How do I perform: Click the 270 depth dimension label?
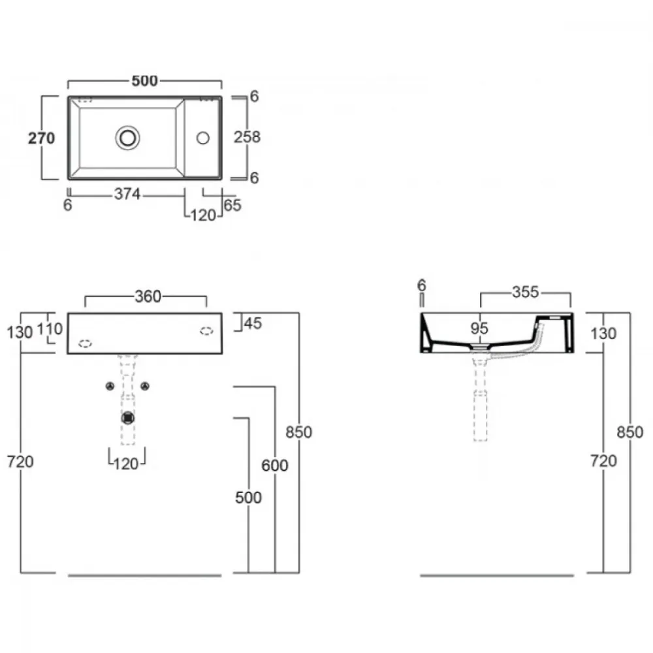coord(41,138)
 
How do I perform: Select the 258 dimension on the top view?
coord(247,137)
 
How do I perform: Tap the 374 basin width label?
coord(127,194)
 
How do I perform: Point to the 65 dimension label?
coord(232,205)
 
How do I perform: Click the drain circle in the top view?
coord(127,138)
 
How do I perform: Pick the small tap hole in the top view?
coord(203,138)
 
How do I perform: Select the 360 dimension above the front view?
coord(148,296)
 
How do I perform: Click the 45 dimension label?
coord(253,323)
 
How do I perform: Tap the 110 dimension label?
coord(50,329)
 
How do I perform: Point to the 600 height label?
coord(275,466)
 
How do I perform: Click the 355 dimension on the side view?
coord(526,292)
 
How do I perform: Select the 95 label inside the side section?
coord(479,328)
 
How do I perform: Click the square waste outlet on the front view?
coord(128,418)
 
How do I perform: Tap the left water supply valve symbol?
coord(110,387)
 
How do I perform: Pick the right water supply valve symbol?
coord(145,387)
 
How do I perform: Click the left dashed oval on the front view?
coord(85,343)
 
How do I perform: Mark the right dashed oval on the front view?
coord(206,331)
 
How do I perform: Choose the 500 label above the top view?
coord(144,81)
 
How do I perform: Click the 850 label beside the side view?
coord(630,432)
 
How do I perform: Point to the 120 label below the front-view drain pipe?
coord(126,464)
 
